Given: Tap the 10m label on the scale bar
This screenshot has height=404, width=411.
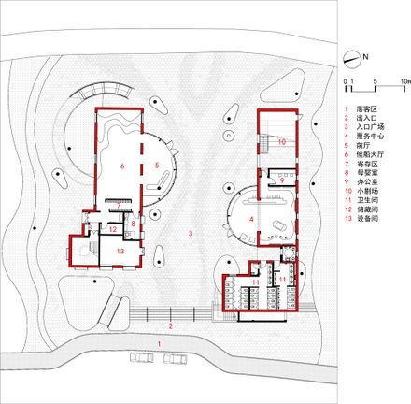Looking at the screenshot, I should tap(404, 82).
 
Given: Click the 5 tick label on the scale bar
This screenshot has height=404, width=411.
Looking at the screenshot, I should tap(375, 82).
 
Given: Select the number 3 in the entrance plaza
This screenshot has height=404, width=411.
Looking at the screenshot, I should tap(191, 231).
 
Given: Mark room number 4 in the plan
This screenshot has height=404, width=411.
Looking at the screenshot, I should tap(250, 220).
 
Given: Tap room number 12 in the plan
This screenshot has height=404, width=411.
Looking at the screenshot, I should tap(112, 229).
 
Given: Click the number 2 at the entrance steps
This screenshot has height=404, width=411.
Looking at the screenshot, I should tap(170, 326).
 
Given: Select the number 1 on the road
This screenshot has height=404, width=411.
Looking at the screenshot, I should tap(159, 345).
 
